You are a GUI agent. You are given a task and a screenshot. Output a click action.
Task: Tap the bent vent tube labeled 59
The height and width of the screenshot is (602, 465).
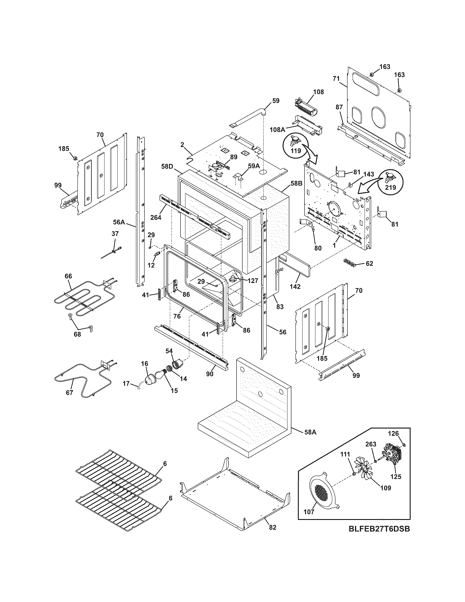(249, 117)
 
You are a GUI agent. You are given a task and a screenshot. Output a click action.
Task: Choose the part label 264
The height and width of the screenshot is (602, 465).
(156, 217)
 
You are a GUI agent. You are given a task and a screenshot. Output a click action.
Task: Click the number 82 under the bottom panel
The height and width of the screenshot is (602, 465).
(272, 527)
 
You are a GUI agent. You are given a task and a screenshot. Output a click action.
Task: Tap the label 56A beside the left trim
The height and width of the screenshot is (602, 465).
(119, 222)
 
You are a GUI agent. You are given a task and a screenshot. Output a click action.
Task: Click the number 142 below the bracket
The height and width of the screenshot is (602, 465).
(295, 286)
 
